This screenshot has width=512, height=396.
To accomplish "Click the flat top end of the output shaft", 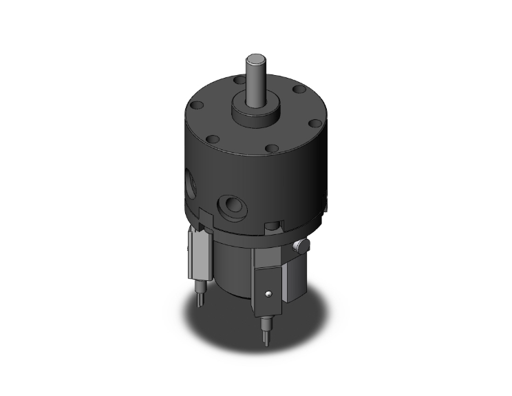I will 256,54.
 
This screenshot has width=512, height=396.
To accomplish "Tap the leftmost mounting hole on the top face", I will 195,105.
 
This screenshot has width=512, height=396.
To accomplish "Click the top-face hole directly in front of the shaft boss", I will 272,148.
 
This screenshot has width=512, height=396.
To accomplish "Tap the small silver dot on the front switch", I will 270,295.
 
